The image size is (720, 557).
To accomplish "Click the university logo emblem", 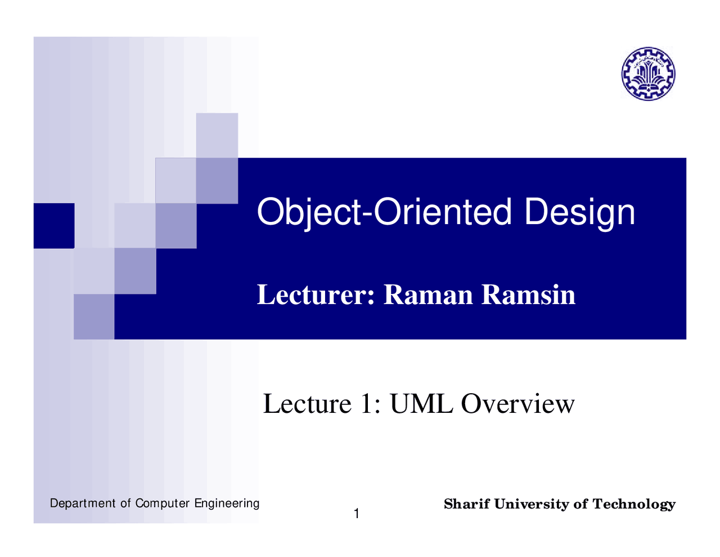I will pos(648,74).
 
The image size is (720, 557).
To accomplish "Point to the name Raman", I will pos(428,295).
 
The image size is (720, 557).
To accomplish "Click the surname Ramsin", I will pos(528,295).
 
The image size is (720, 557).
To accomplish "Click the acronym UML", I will pos(421,404).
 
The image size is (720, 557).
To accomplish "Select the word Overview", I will pos(517,404).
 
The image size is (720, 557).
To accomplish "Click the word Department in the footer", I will pos(83,503).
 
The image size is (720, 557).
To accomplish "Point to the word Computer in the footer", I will pos(163,503).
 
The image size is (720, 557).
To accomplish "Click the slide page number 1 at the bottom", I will pos(356,514).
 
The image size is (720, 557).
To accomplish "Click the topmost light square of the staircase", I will pos(217,135).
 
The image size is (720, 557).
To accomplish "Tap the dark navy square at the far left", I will pos(53,225).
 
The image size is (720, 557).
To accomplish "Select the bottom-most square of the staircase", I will pos(94,317).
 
